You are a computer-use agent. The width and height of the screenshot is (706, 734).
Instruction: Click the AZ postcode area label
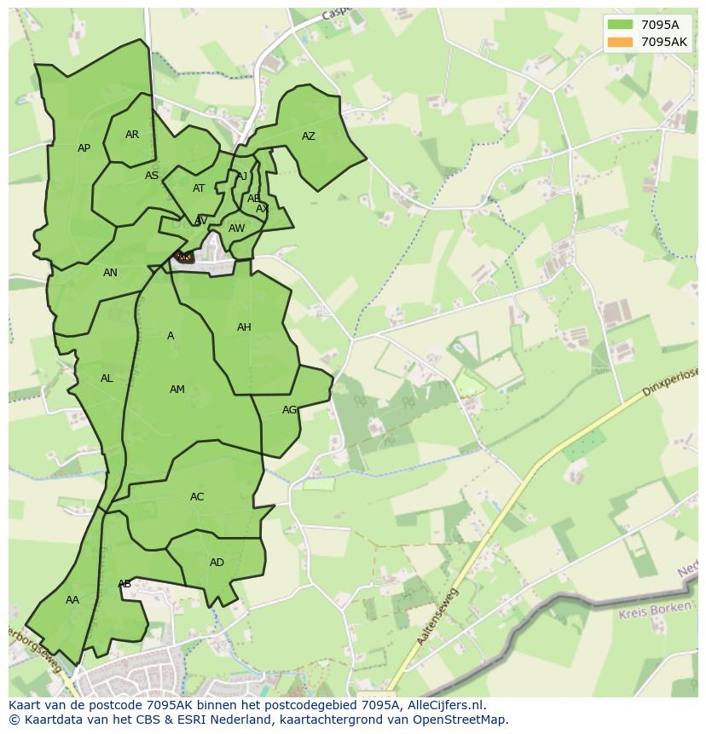309,136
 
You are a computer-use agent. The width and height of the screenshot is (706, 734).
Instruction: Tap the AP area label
84,148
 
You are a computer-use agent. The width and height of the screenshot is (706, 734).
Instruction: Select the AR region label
132,135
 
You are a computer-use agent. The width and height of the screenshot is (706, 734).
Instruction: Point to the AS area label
152,176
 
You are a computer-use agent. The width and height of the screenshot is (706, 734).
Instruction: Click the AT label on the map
199,188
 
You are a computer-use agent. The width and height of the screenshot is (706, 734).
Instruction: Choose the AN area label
110,273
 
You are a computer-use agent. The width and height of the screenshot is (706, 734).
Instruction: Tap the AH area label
244,327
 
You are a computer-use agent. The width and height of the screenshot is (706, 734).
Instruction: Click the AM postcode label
176,390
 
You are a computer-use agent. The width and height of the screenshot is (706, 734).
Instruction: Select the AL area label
107,379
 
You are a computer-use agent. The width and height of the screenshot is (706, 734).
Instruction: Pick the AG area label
289,410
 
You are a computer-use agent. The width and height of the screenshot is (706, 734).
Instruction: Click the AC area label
197,497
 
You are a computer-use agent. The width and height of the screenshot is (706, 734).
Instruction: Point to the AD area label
217,563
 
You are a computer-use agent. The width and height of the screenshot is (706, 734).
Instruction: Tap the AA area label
72,600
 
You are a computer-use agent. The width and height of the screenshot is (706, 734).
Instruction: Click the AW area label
236,228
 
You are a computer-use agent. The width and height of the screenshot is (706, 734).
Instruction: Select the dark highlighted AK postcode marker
184,256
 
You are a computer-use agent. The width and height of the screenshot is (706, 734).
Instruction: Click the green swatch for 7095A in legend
620,25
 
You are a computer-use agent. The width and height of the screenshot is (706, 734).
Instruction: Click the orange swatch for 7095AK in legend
620,42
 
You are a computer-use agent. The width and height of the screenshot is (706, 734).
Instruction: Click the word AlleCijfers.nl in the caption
446,705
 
